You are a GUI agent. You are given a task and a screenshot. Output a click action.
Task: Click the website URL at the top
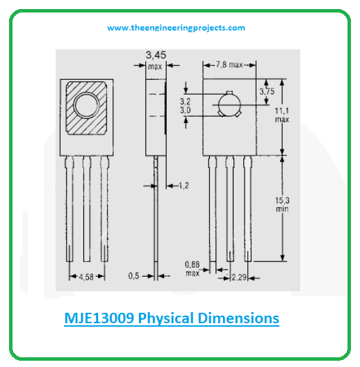tap(176, 28)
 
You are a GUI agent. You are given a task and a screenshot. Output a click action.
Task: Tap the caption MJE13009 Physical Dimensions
tap(167, 318)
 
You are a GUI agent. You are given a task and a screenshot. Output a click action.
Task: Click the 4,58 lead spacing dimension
tap(86, 277)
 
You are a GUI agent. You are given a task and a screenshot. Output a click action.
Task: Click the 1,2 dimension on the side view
tap(183, 186)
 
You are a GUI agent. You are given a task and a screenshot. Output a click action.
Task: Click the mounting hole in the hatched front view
tap(88, 106)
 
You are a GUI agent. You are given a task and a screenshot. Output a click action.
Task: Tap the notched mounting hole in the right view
tap(229, 106)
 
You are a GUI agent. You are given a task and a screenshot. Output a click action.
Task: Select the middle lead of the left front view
tap(87, 209)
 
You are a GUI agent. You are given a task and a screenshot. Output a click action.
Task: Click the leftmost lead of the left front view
tap(71, 209)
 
